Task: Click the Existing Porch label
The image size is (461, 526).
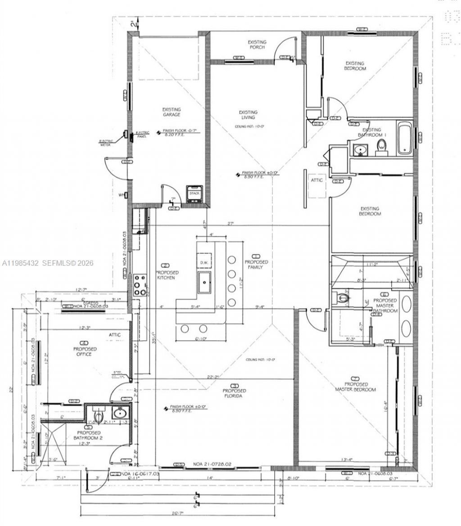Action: point(257,45)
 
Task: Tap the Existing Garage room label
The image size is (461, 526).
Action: point(172,112)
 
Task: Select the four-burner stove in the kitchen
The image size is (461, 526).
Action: point(140,283)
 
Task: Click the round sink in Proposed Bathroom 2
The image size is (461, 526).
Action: point(120,413)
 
